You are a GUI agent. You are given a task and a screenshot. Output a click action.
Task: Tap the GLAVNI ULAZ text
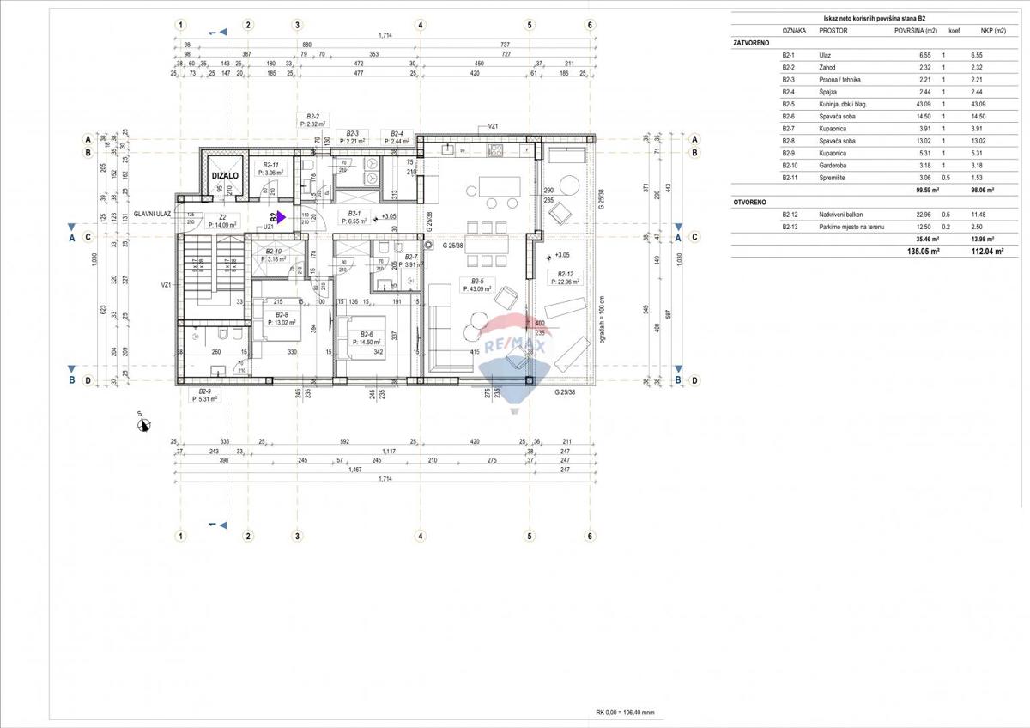[x=152, y=215]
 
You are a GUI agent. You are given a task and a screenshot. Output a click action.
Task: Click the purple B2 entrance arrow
[x=281, y=218]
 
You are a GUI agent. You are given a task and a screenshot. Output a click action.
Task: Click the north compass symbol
[x=143, y=422]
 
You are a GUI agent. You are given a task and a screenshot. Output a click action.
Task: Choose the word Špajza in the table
[x=829, y=92]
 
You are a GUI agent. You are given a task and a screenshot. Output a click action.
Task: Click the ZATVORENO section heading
[x=752, y=41]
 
